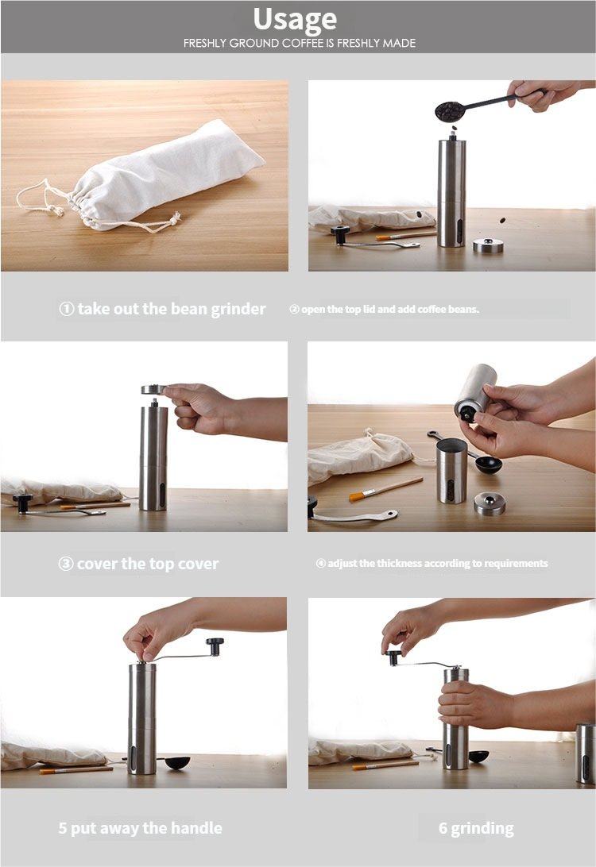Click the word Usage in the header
pyautogui.click(x=295, y=19)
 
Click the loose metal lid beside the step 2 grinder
pyautogui.click(x=488, y=245)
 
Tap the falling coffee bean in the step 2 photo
pyautogui.click(x=502, y=221)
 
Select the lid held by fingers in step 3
pyautogui.click(x=153, y=389)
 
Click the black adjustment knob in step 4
pyautogui.click(x=466, y=414)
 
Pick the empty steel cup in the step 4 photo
pyautogui.click(x=451, y=471)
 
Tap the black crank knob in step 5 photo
pyautogui.click(x=215, y=645)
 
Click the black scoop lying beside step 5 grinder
pyautogui.click(x=177, y=762)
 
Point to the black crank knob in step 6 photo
pyautogui.click(x=393, y=657)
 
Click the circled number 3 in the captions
pyautogui.click(x=66, y=564)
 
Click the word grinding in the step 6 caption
pyautogui.click(x=482, y=829)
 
